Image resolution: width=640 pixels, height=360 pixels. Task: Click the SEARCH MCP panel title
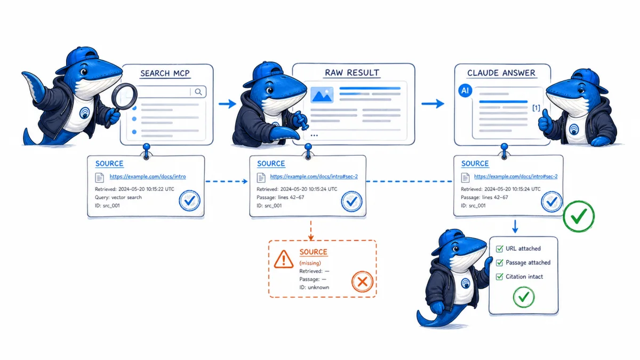165,74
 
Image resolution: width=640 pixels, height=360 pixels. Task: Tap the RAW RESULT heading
352,73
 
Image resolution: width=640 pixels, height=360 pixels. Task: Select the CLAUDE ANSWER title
501,73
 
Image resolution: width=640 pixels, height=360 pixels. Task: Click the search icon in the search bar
198,92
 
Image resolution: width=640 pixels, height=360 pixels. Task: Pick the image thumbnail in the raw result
322,95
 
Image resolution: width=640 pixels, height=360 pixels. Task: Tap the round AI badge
465,91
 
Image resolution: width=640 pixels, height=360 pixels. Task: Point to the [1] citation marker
536,108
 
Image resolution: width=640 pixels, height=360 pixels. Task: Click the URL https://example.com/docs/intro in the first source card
148,177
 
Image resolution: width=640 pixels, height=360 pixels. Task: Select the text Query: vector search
118,197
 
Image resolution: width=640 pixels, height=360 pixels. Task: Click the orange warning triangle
283,259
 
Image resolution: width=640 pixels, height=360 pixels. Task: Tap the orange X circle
362,282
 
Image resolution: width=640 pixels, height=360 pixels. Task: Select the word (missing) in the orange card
310,263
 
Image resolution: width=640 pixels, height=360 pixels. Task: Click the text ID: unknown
314,287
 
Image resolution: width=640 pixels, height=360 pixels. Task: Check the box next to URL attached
499,249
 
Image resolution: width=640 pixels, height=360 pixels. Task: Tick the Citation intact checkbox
499,277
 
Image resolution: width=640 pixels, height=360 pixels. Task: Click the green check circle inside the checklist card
524,298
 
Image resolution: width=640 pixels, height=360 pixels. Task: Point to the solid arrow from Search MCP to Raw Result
227,103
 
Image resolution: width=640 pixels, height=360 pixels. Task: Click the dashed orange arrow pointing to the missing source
311,230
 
